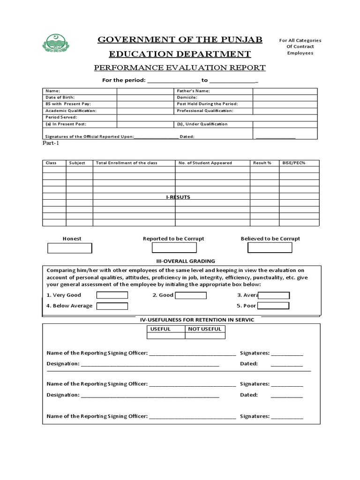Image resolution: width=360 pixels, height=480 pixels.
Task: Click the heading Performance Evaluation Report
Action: [180, 67]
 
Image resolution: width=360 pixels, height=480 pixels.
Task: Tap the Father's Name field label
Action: [193, 91]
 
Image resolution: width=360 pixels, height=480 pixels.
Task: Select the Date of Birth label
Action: [60, 97]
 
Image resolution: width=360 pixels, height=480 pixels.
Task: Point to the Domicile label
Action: [187, 97]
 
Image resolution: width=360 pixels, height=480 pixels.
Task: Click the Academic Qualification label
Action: [71, 111]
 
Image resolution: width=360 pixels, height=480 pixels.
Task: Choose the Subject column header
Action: [77, 163]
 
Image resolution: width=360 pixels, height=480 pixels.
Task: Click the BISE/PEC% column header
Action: [293, 163]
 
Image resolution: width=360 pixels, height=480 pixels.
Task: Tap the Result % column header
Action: [262, 163]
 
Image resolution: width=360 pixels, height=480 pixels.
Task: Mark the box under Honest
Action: [70, 248]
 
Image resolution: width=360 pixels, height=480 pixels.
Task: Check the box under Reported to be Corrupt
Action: [174, 247]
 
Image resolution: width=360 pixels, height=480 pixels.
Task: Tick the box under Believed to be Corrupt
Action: [270, 247]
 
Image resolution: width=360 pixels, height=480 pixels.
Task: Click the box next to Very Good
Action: [112, 295]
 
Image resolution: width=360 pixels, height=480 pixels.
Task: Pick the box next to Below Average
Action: [112, 306]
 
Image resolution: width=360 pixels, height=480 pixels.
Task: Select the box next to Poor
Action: [273, 306]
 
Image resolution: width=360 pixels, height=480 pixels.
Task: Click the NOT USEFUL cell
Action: [204, 329]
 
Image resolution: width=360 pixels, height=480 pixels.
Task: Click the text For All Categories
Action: [300, 40]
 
